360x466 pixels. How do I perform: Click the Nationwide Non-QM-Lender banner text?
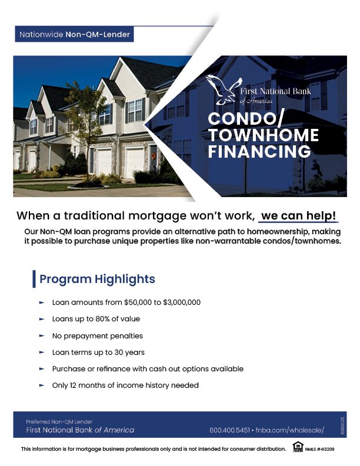75,35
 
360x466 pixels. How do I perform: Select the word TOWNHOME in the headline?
263,136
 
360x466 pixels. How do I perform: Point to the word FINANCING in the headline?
259,152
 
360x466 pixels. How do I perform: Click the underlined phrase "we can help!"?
299,215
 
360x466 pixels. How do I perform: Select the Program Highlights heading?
97,279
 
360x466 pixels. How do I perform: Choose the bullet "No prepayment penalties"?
97,336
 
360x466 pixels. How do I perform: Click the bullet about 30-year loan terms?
98,352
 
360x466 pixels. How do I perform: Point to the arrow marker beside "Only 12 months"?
42,385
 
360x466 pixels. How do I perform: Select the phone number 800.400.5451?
229,430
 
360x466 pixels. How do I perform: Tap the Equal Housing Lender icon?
298,449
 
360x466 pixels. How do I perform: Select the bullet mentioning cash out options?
148,369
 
